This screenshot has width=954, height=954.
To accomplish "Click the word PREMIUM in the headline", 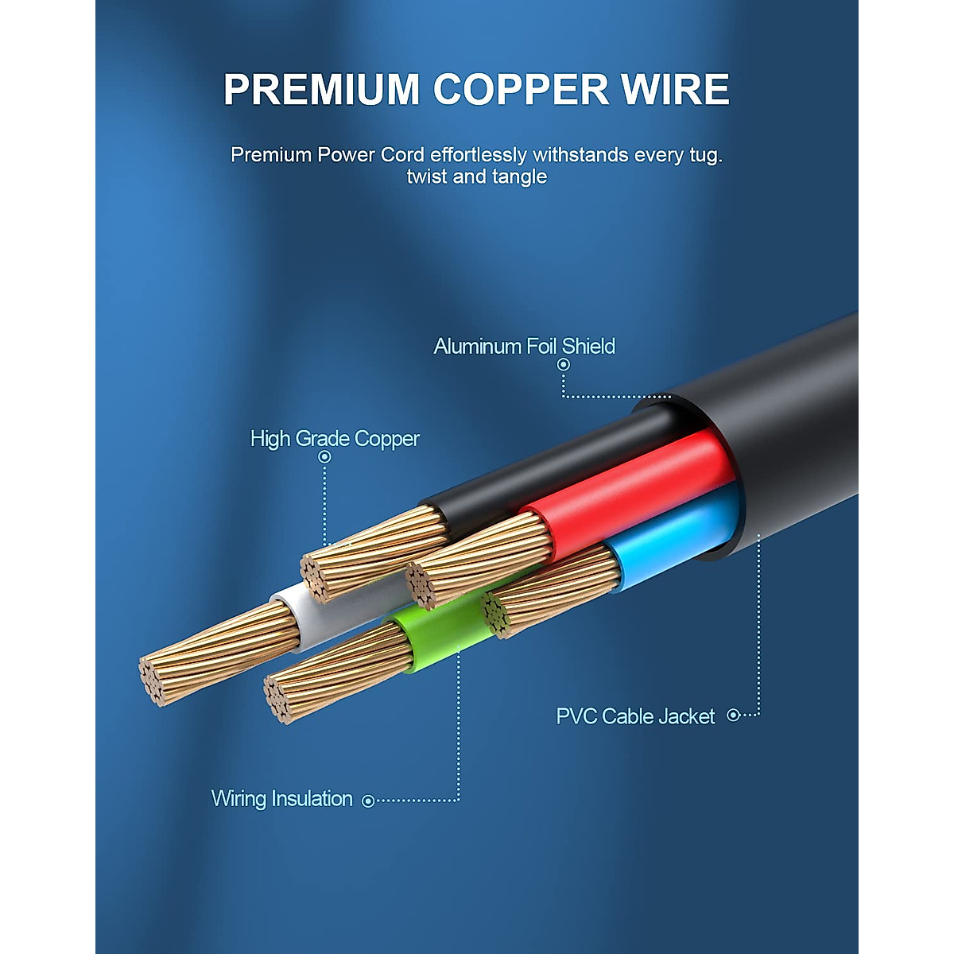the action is (321, 90).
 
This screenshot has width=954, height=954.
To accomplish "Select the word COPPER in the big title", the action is (521, 90).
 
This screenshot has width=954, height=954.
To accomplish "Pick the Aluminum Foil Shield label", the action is (524, 347).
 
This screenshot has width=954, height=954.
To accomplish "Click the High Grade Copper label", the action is (335, 439).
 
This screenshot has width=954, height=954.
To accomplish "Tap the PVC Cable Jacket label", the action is (635, 716).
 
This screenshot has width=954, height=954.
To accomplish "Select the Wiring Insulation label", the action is (281, 799).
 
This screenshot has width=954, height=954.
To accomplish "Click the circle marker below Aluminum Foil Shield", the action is (564, 365).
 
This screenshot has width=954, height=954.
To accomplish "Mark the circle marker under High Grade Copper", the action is (324, 457).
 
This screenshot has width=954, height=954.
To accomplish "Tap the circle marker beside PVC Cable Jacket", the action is (734, 715).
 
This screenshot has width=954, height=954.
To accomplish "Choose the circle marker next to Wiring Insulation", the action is (368, 801).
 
